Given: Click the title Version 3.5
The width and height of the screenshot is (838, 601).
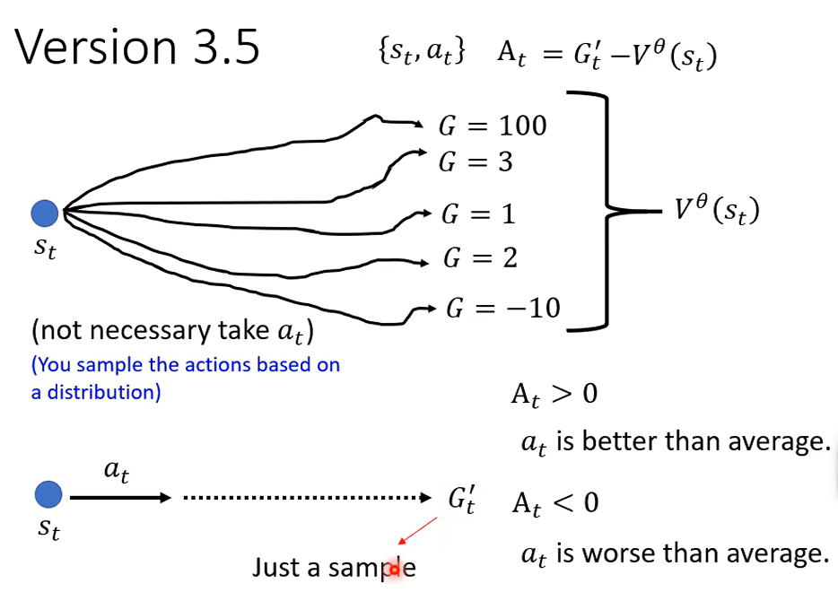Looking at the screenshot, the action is point(136,47).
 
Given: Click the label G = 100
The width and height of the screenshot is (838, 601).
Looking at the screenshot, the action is point(493,126).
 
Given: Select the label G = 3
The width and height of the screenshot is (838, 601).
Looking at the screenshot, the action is point(476,161).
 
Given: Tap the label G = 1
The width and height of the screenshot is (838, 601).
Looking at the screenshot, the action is point(478,214).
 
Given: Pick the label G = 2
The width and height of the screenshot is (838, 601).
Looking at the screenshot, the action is point(481,258).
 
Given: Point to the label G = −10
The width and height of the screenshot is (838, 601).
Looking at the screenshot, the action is point(503,309).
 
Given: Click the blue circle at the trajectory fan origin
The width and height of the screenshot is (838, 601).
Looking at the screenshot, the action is point(45,213).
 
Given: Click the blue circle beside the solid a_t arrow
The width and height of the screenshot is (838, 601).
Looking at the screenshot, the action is point(48,494).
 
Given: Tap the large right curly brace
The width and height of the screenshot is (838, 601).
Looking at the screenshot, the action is point(607,211).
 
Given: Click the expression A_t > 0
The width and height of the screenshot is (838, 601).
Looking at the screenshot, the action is point(554,395).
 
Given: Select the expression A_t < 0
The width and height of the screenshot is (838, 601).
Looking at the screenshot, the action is point(555,503).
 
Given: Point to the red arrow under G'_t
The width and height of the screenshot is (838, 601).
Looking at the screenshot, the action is point(418,531).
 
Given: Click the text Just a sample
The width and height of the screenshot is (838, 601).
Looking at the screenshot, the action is point(334,568).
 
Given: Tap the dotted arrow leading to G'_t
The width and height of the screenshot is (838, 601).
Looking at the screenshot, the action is point(308,498).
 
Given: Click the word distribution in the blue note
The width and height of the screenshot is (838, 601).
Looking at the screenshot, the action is point(104,392).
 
